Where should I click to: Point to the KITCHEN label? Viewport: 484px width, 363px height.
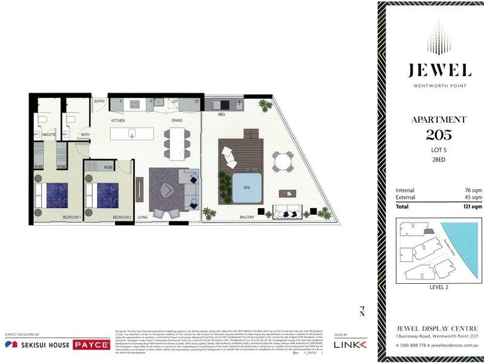(x=117, y=121)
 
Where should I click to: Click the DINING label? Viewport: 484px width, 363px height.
(x=177, y=121)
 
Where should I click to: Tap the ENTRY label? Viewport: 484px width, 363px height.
(x=99, y=102)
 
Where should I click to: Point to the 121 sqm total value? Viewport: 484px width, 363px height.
(x=470, y=206)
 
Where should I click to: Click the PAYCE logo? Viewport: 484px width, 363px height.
(x=91, y=345)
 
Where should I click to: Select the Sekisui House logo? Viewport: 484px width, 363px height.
(x=38, y=344)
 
